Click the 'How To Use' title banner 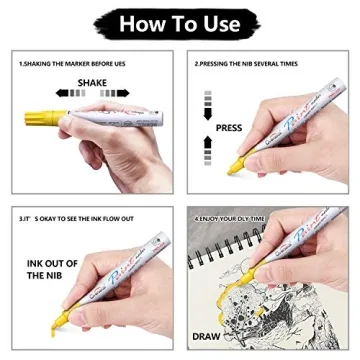pyautogui.click(x=180, y=23)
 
